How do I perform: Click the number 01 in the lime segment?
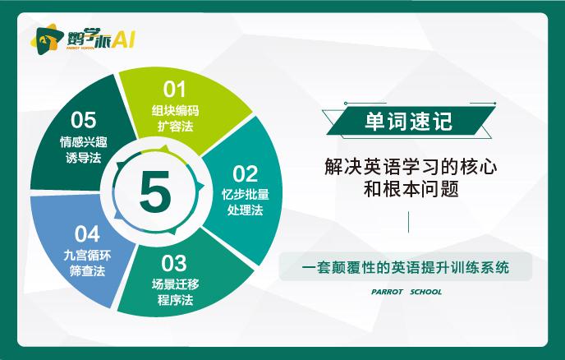[174, 89]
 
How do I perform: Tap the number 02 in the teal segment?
[245, 174]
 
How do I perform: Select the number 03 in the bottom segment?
[174, 263]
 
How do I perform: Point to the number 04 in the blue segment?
[87, 233]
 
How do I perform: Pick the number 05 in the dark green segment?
[83, 120]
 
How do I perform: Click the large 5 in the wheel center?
[155, 192]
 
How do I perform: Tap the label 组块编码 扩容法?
[175, 118]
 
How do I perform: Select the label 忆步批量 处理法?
[245, 202]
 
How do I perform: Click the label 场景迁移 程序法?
[175, 292]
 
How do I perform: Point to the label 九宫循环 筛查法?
[87, 263]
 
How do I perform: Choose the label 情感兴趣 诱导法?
[84, 150]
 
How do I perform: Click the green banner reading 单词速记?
[409, 121]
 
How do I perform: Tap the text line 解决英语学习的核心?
[411, 167]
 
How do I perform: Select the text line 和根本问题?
[411, 189]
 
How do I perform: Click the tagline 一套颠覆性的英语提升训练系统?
[406, 267]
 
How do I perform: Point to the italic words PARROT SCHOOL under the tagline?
[407, 292]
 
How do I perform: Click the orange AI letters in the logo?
[122, 39]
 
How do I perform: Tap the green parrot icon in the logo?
[44, 39]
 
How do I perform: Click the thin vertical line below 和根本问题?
[408, 222]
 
